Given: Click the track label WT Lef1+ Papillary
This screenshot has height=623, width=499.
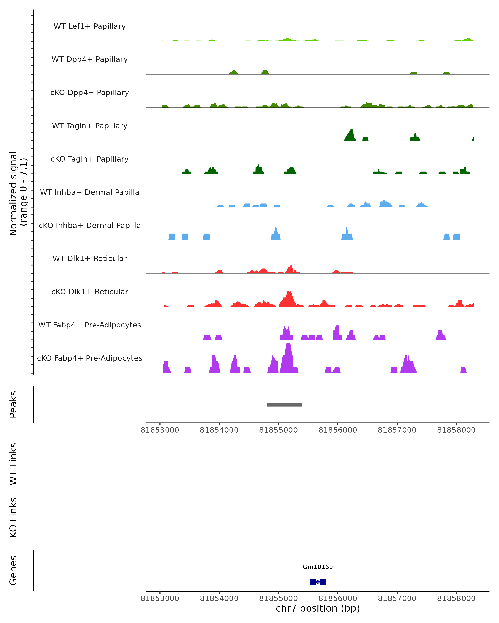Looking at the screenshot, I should click(x=90, y=26).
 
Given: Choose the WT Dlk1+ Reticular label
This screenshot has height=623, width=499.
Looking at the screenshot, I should click(x=90, y=258).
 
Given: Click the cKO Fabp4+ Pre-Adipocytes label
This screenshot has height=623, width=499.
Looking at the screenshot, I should click(x=90, y=358).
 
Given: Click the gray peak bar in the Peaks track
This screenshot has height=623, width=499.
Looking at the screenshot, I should click(x=284, y=405).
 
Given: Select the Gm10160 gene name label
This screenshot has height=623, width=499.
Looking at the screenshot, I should click(x=318, y=567).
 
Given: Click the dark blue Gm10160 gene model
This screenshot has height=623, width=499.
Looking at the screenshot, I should click(x=318, y=582).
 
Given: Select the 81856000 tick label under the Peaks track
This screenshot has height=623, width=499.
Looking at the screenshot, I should click(x=338, y=430).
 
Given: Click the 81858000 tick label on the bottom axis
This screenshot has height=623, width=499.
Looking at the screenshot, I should click(x=456, y=598).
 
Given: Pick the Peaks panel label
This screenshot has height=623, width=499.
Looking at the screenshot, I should click(x=13, y=404).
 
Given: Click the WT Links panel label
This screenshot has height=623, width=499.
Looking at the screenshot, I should click(x=13, y=464).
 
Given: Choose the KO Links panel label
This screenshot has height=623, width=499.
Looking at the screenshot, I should click(x=13, y=517).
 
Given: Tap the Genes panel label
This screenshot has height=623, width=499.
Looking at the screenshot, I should click(x=13, y=570).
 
